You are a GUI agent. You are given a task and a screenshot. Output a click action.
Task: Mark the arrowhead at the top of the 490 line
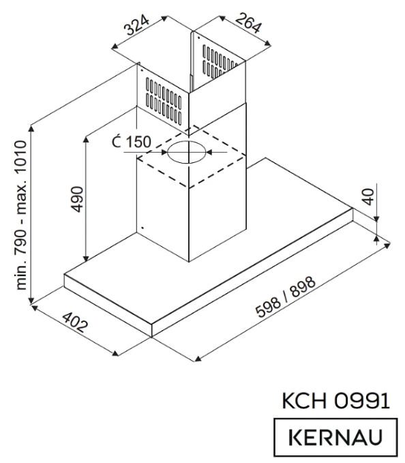(x=85, y=137)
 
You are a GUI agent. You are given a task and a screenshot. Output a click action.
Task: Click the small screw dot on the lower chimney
(x=140, y=228)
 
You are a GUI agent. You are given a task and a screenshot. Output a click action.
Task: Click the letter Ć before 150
(x=117, y=143)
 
